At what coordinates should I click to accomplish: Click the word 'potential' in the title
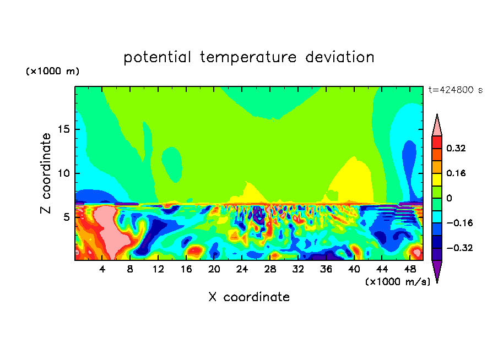(157, 57)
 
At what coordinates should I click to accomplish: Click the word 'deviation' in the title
(340, 57)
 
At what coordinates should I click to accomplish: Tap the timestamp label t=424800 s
(456, 90)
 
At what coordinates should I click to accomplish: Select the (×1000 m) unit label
(52, 71)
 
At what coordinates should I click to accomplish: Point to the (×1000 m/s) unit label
(398, 282)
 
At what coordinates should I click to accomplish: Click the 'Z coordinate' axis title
(46, 173)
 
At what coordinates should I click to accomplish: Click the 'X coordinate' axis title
(249, 297)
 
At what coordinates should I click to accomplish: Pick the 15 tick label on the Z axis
(63, 129)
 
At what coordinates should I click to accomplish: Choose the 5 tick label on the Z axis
(66, 217)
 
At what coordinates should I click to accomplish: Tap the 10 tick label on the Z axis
(63, 173)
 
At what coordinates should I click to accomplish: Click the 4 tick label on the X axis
(102, 269)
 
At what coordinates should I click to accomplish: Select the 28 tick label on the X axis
(270, 269)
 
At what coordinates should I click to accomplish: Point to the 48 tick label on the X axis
(410, 269)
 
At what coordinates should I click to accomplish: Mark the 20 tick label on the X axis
(214, 269)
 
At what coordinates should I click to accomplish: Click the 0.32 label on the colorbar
(456, 148)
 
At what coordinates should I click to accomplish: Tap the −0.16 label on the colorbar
(459, 223)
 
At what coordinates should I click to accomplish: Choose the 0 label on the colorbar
(449, 198)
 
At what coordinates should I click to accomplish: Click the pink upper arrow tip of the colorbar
(437, 114)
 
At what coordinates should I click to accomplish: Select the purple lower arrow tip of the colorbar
(437, 282)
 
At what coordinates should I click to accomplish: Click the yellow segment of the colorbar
(437, 179)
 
